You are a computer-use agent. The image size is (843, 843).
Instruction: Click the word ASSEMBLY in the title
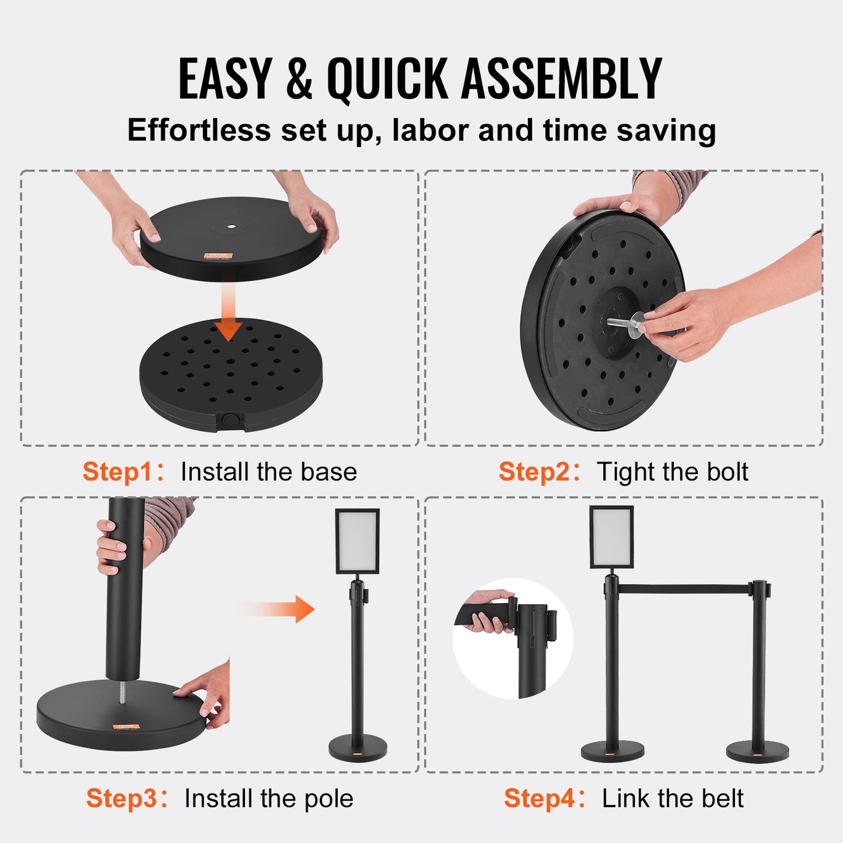pos(561,79)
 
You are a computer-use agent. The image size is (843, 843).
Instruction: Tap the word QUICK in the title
pos(387,79)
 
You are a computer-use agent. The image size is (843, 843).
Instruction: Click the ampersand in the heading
pos(299,79)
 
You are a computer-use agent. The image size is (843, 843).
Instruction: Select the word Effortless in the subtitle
pos(199,130)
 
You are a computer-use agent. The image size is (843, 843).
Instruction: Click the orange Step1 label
pos(118,471)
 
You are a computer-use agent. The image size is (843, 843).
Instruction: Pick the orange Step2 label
pos(534,471)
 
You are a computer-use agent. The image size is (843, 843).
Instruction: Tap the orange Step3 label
pos(121,798)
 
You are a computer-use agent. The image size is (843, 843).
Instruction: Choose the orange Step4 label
pos(539,798)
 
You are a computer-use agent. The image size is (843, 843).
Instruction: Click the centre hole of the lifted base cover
pos(231,225)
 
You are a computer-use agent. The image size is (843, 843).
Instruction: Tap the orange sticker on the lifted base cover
pos(219,256)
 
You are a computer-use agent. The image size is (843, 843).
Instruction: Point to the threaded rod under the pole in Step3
pos(122,691)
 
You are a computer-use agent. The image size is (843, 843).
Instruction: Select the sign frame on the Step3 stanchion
pos(357,541)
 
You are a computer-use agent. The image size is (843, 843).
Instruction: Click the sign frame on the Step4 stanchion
pos(611,537)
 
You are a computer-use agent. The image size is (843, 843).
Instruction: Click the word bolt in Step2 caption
pos(727,471)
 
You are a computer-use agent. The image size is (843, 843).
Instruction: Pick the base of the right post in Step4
pos(757,751)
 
